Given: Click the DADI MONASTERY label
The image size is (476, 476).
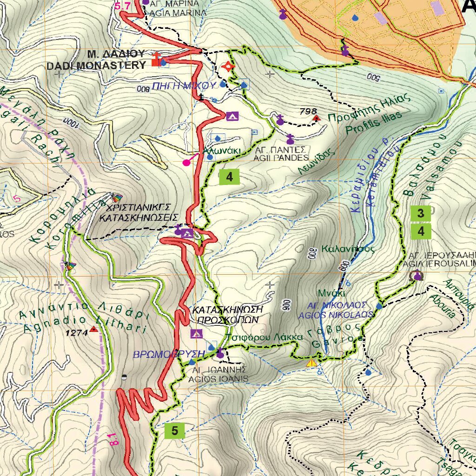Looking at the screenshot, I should tap(96, 66).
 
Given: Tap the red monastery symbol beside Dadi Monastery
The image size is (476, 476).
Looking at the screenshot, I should tap(157, 59).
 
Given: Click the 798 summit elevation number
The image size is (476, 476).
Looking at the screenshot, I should tap(308, 112).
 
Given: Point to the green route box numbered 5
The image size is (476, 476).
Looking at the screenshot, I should tap(175, 431).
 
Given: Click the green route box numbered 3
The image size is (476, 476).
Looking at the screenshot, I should tap(421, 214).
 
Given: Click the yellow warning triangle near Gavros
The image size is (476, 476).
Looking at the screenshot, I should tap(311, 362).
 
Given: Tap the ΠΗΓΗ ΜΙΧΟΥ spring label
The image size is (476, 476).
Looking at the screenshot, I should tap(184, 86).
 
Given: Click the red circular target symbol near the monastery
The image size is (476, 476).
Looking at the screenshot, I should tap(228, 66).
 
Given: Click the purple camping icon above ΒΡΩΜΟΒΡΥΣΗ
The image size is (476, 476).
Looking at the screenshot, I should tap(196, 334).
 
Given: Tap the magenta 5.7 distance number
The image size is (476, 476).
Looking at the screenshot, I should tap(122, 6).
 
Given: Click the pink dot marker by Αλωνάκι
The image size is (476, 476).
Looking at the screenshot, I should tap(187, 163).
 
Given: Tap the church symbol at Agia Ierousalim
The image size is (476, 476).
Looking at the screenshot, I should tap(417, 276).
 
